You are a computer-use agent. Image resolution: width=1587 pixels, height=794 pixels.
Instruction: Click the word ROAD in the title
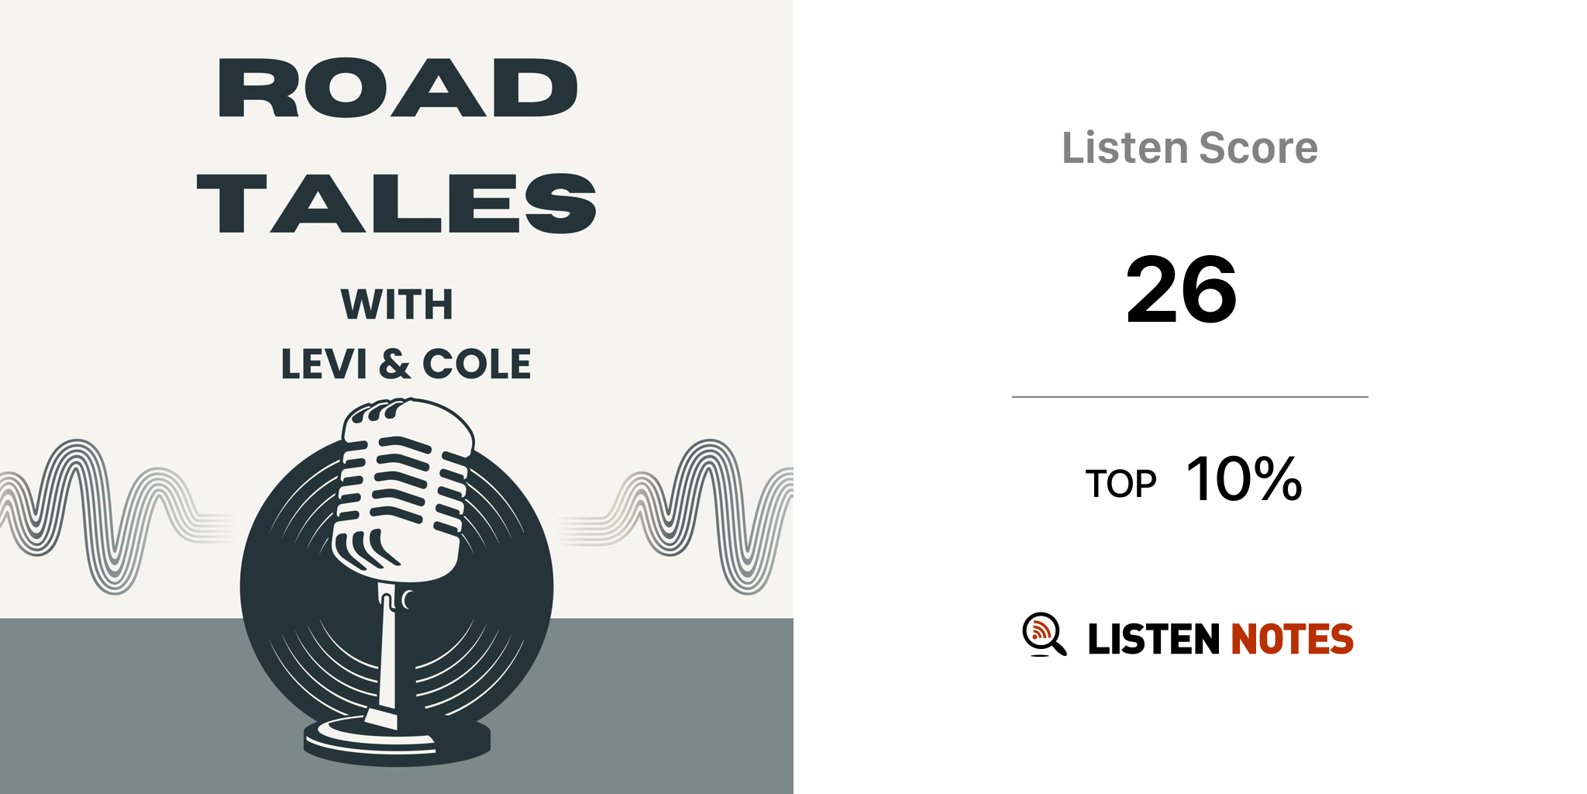click(398, 88)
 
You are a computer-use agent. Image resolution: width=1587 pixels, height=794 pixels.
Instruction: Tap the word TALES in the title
click(397, 203)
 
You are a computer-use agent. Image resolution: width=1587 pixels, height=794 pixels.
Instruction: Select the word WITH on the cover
click(397, 304)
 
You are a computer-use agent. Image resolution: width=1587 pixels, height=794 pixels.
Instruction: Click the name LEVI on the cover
click(324, 364)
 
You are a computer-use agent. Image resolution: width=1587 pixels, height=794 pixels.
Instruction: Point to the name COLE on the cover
click(477, 364)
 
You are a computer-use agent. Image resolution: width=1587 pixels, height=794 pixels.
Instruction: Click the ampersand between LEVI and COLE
click(395, 364)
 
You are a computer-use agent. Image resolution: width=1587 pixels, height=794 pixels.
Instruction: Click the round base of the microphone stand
click(397, 740)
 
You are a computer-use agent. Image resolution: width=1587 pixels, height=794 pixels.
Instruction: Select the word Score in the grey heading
click(1258, 147)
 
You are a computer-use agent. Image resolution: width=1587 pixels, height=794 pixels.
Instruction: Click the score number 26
click(1182, 290)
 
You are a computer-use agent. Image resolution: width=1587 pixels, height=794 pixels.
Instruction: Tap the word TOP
click(1121, 484)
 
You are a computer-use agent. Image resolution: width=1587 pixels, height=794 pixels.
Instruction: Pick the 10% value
click(1244, 478)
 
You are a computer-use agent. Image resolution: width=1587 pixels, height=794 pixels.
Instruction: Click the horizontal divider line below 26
click(1190, 397)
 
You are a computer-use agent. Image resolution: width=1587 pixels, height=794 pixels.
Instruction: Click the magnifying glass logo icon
click(1044, 634)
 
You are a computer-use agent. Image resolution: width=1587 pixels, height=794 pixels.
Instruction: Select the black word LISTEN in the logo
click(1154, 639)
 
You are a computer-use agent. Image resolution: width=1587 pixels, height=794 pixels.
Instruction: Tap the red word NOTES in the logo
click(1292, 639)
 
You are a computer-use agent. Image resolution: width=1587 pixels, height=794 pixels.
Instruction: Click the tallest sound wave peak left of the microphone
click(77, 446)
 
